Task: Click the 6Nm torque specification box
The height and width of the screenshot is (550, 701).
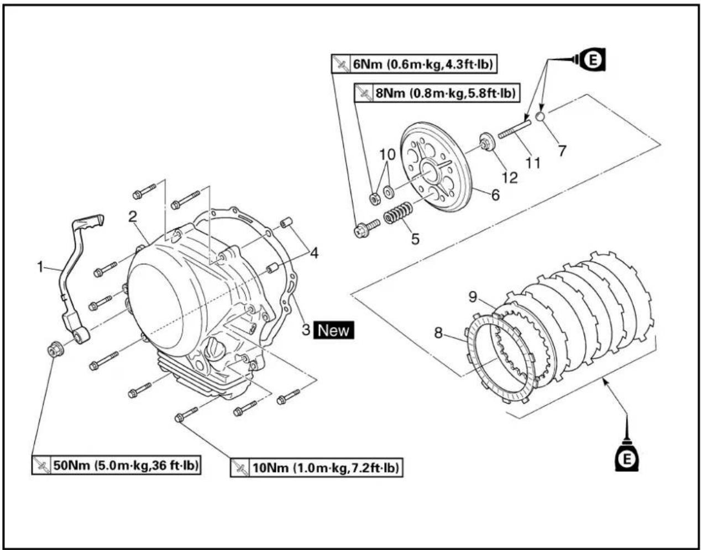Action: point(414,65)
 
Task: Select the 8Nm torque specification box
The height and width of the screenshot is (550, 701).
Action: point(437,93)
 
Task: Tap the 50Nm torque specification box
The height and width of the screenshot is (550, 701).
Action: point(116,465)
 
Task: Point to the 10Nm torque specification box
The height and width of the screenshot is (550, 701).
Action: point(316,468)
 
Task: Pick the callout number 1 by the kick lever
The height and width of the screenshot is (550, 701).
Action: point(40,267)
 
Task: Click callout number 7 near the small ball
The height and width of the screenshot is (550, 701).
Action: point(562,151)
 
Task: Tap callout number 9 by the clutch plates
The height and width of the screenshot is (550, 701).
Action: point(473,297)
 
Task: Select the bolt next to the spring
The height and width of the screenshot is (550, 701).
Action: point(367,228)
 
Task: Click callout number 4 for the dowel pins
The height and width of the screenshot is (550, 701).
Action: point(314,253)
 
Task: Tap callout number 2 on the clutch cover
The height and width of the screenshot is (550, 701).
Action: point(132,217)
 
